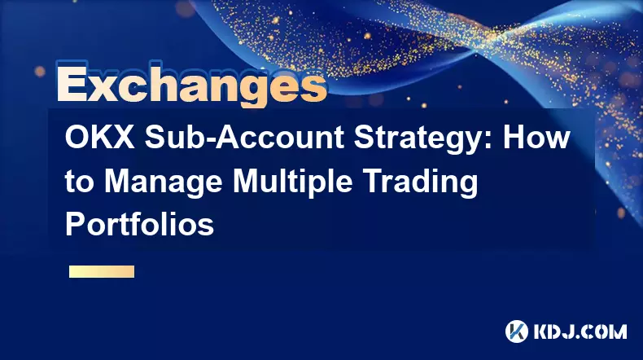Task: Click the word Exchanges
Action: click(192, 85)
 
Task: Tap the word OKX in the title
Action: click(99, 138)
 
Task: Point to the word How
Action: click(538, 137)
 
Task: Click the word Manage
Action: click(163, 182)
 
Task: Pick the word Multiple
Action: click(293, 182)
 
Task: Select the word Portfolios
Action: click(139, 225)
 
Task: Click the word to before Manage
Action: click(80, 183)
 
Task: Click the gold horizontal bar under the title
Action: click(102, 271)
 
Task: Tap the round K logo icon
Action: click(517, 331)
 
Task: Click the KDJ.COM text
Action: click(580, 331)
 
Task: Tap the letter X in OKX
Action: click(124, 138)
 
